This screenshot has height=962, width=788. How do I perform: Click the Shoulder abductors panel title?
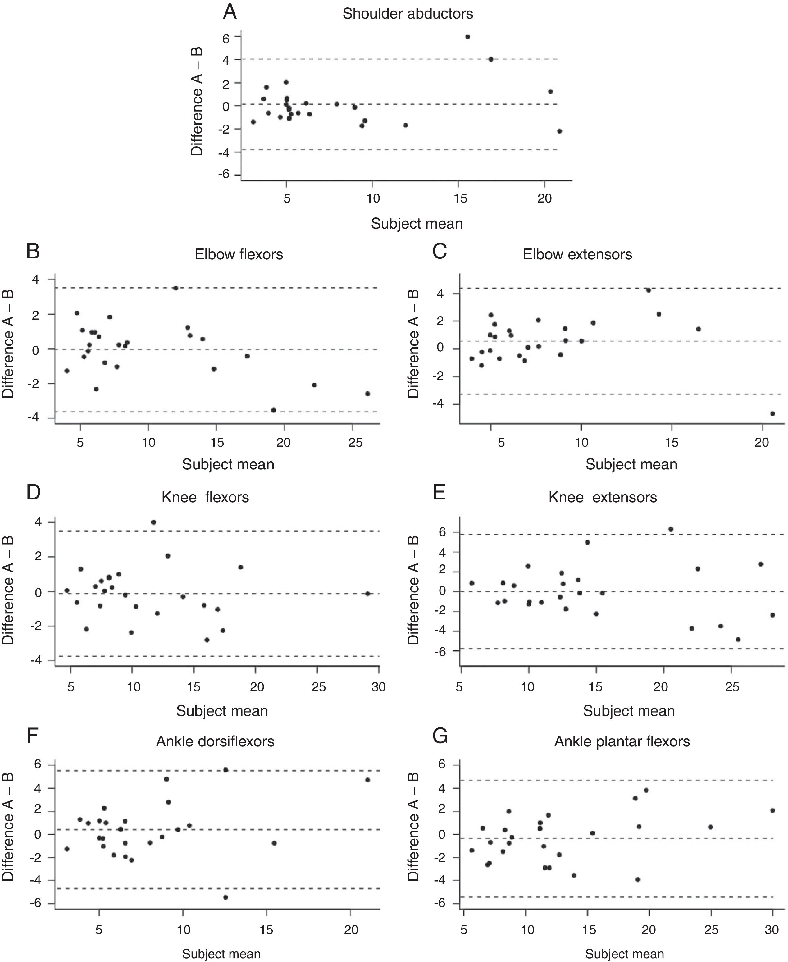pyautogui.click(x=407, y=14)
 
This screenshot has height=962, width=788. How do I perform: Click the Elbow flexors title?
pyautogui.click(x=239, y=254)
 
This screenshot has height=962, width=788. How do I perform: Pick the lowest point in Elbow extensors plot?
pyautogui.click(x=772, y=413)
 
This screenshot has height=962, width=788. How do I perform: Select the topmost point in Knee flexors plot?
pyautogui.click(x=153, y=522)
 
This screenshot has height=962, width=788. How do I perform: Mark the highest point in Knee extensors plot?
pyautogui.click(x=670, y=529)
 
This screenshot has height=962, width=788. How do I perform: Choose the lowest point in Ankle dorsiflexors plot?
pyautogui.click(x=225, y=897)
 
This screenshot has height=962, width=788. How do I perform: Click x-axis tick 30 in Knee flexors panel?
pyautogui.click(x=378, y=687)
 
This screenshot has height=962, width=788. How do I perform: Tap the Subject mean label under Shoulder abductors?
pyautogui.click(x=417, y=223)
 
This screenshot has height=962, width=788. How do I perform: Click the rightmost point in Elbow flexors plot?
pyautogui.click(x=367, y=394)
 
